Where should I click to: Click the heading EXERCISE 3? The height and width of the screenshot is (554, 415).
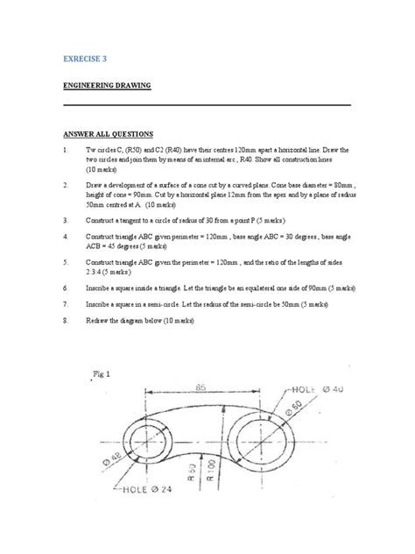pyautogui.click(x=90, y=58)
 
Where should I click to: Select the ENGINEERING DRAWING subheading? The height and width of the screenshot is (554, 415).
pyautogui.click(x=106, y=86)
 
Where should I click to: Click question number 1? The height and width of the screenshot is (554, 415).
pyautogui.click(x=65, y=152)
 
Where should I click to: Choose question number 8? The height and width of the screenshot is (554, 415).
pyautogui.click(x=65, y=322)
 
